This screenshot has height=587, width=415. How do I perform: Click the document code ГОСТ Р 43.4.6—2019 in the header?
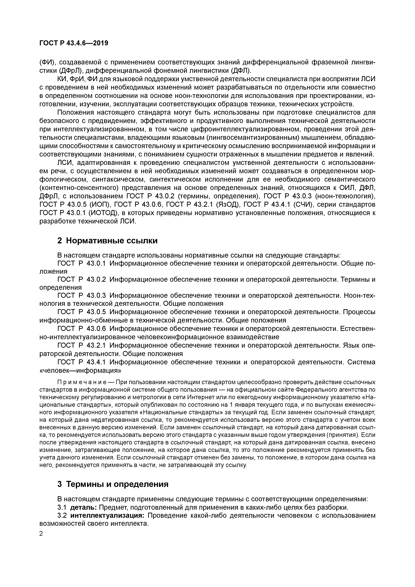click(x=74, y=43)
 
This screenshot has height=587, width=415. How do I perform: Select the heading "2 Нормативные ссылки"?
click(x=107, y=241)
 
